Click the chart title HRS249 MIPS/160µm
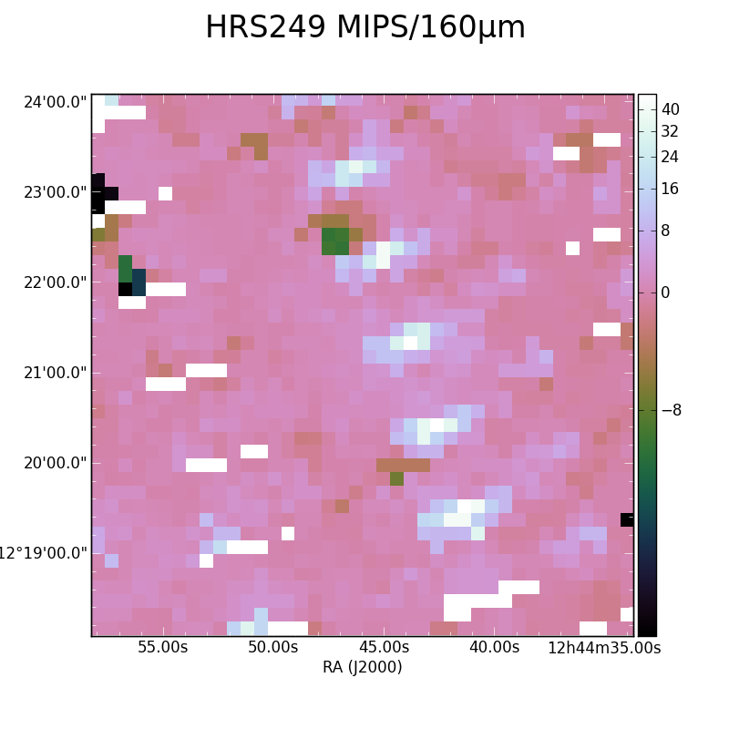click(365, 27)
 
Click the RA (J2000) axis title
click(362, 667)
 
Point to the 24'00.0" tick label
click(56, 102)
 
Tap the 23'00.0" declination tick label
click(56, 192)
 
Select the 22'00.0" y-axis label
click(56, 282)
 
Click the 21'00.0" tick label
click(56, 373)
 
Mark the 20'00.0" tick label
click(56, 463)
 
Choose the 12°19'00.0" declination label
click(43, 553)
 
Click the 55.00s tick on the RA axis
click(163, 647)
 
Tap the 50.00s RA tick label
click(272, 647)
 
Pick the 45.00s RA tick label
click(384, 647)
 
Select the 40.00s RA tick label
click(494, 647)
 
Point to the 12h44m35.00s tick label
click(604, 648)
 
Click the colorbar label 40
click(671, 109)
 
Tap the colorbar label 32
click(671, 131)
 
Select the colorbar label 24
click(671, 157)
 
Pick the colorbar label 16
click(671, 189)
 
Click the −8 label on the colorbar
click(672, 410)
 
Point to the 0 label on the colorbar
click(666, 293)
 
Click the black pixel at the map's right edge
click(627, 519)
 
